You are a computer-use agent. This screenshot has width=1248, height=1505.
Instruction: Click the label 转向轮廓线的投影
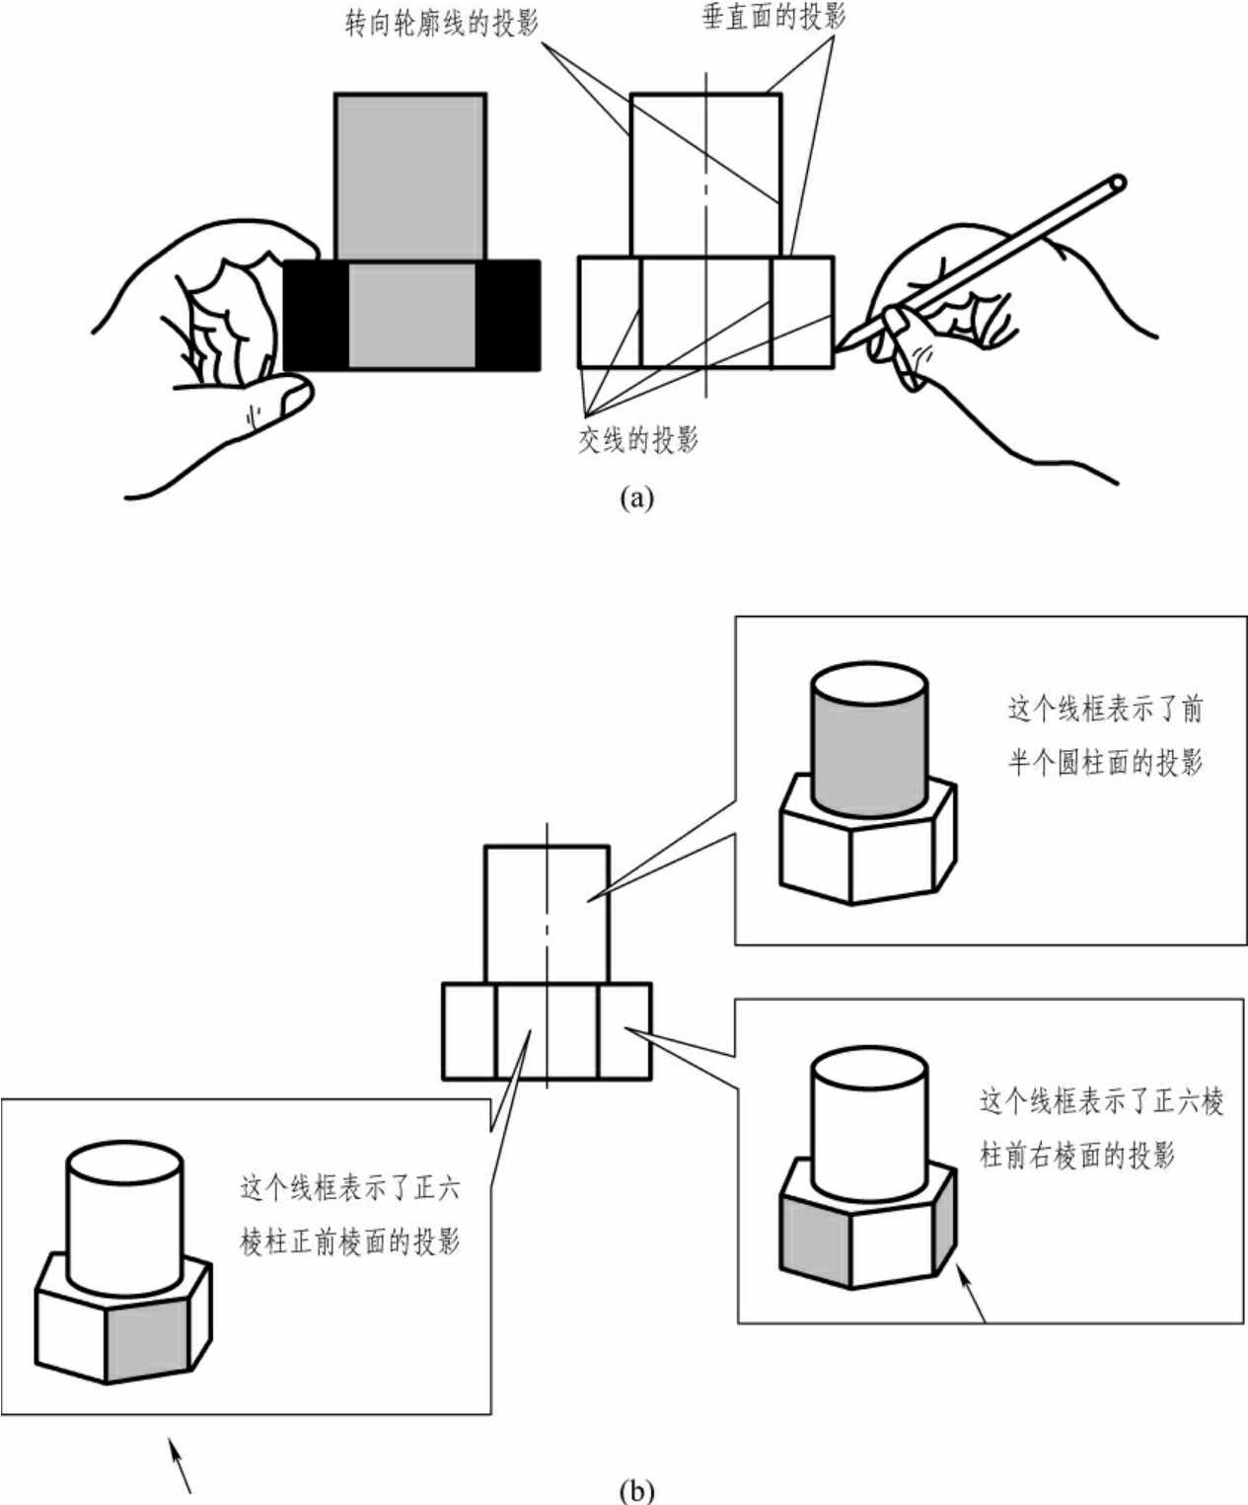(442, 25)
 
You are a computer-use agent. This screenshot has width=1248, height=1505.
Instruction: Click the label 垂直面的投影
(773, 16)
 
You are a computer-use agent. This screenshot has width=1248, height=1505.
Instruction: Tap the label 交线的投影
(638, 439)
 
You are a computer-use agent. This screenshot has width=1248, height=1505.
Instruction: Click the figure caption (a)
(637, 498)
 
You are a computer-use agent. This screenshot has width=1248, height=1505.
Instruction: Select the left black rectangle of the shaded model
(317, 315)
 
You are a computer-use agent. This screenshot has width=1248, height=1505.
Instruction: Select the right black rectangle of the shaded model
(507, 315)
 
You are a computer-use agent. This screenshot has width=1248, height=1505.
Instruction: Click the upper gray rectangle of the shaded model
(410, 177)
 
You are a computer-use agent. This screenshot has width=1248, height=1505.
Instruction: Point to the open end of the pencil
(1118, 184)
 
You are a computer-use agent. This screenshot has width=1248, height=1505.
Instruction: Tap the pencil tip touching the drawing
(838, 348)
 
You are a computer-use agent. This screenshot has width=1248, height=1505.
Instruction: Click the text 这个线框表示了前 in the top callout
(1105, 710)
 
